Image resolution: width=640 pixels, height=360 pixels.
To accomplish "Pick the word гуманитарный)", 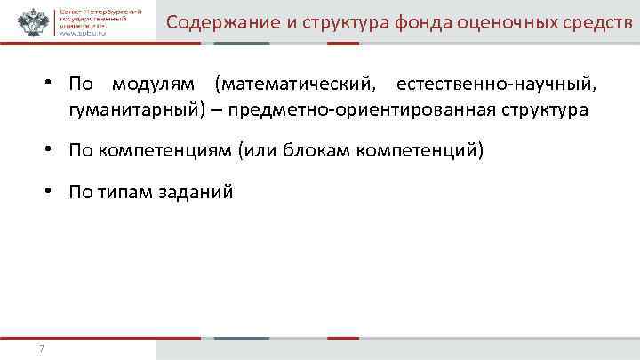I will coord(133,111).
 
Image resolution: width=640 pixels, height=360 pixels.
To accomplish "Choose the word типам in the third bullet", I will coord(124,191).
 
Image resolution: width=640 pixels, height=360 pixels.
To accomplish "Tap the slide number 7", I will coord(42,348).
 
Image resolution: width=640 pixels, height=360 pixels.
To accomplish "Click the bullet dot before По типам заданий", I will coord(54,191).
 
